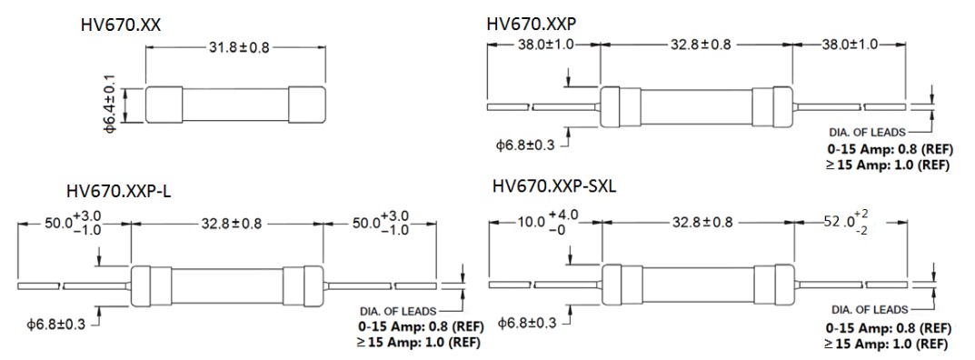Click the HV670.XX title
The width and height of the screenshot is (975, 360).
click(x=121, y=25)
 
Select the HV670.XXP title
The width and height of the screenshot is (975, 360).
click(x=532, y=23)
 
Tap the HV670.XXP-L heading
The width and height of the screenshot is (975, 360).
click(x=119, y=191)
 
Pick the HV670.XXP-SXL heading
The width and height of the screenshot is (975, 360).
click(x=553, y=185)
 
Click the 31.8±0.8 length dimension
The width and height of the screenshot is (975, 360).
click(x=235, y=47)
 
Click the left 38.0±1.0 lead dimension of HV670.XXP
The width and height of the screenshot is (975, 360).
click(x=544, y=45)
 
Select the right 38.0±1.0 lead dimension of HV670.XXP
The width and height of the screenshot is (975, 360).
click(x=848, y=45)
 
